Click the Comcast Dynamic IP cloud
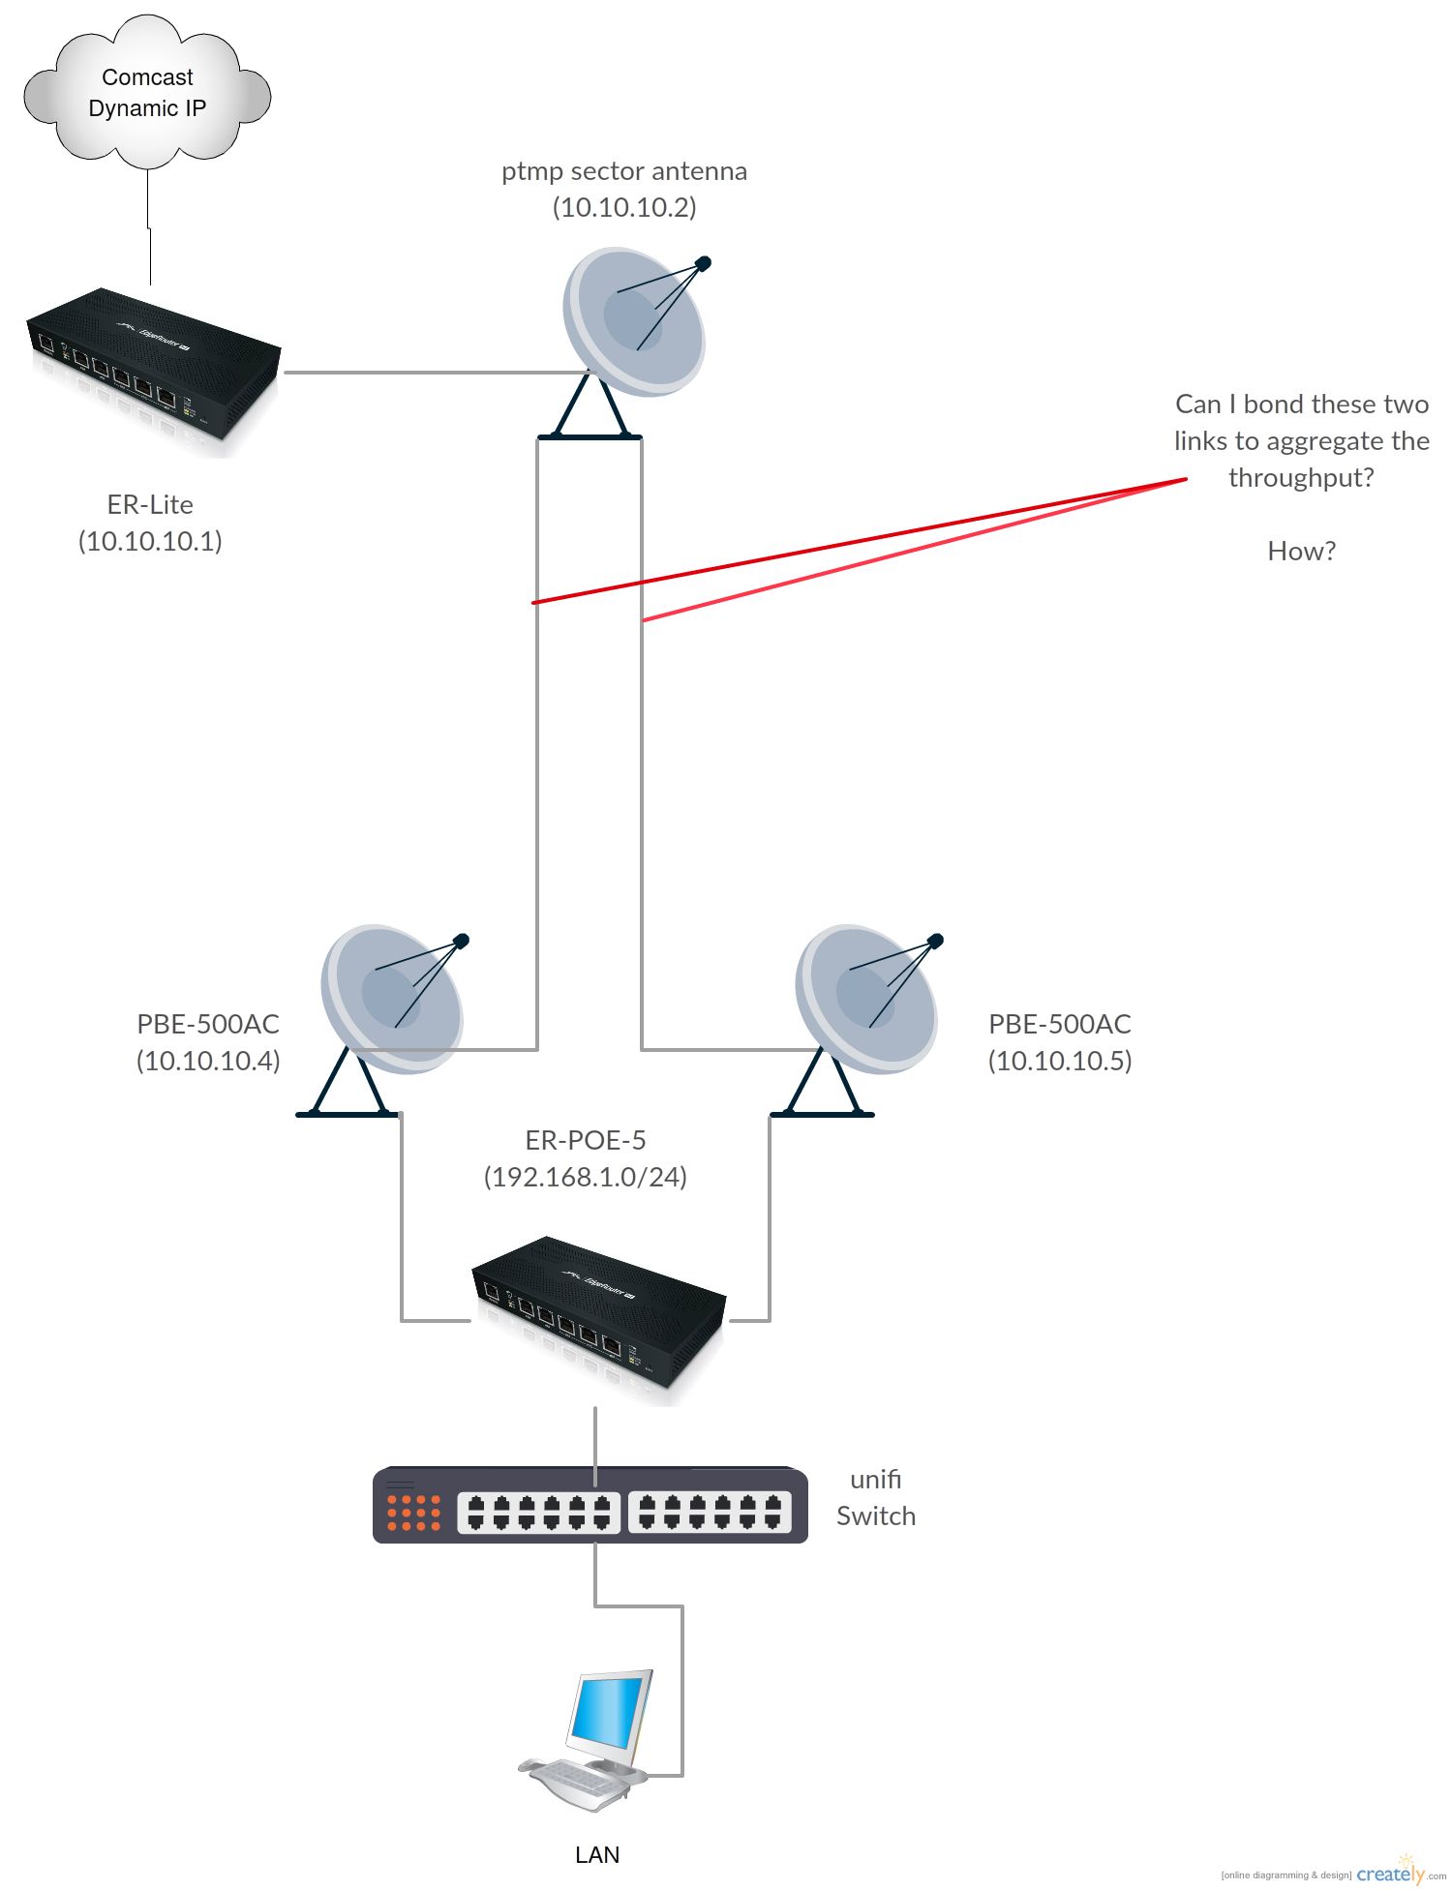[x=147, y=92]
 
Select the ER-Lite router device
[x=153, y=368]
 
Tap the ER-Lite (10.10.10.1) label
[x=150, y=523]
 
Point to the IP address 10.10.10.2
[x=624, y=207]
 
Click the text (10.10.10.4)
[x=208, y=1061]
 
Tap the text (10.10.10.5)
[x=1060, y=1061]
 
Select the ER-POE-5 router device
[x=598, y=1316]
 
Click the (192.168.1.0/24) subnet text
[x=586, y=1177]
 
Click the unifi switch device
[x=590, y=1505]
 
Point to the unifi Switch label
[x=876, y=1497]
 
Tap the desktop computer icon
[x=590, y=1737]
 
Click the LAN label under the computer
[x=597, y=1854]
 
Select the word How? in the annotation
[x=1301, y=551]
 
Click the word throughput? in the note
[x=1301, y=478]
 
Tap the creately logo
[x=1390, y=1874]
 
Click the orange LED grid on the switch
[x=414, y=1513]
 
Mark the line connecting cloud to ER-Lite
[x=149, y=227]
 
